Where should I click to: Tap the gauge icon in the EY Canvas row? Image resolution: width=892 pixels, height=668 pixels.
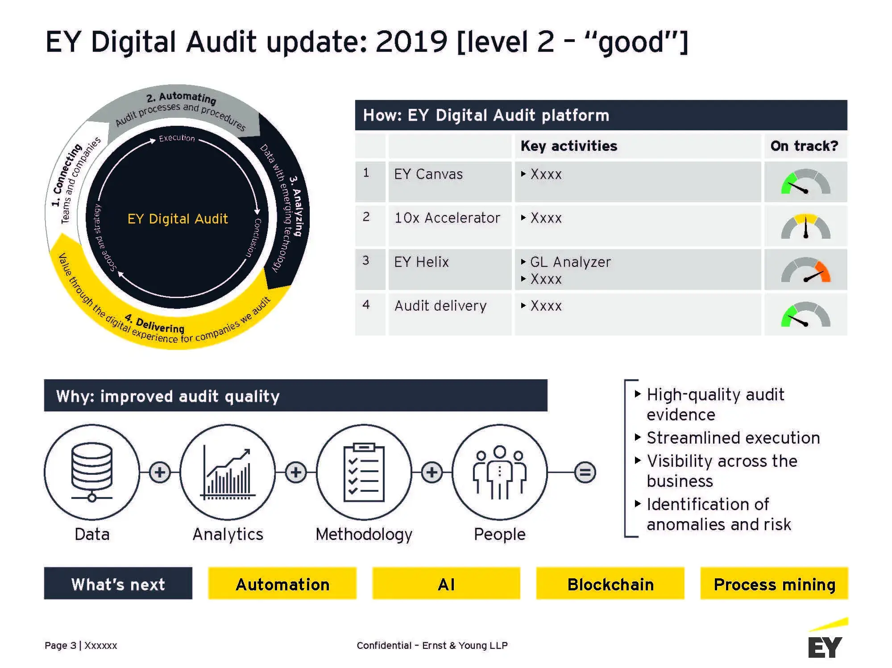[x=805, y=182]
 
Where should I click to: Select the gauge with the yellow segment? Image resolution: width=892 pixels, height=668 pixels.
[x=805, y=226]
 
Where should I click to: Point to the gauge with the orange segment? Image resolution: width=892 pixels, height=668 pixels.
[x=805, y=270]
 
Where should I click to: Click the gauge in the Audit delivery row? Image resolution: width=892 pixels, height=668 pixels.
[x=805, y=315]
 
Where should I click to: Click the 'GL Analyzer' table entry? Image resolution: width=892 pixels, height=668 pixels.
[x=570, y=262]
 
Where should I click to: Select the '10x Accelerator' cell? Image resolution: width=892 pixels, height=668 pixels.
[x=447, y=218]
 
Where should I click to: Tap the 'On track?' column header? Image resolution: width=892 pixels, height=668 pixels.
[x=804, y=146]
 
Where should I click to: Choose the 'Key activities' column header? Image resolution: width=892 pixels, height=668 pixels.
[x=569, y=146]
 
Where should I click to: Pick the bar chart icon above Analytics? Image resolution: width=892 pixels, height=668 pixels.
[x=228, y=473]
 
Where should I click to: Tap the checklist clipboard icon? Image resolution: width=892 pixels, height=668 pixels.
[x=364, y=472]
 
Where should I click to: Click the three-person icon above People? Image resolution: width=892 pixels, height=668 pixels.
[x=500, y=472]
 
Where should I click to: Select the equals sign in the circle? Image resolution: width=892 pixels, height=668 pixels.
[x=585, y=472]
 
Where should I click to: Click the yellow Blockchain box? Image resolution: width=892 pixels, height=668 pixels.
[x=610, y=584]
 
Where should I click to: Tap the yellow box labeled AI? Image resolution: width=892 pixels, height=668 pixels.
[x=446, y=584]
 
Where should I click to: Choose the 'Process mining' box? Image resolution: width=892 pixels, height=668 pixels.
[x=774, y=584]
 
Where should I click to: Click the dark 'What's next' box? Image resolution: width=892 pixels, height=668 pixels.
[x=118, y=584]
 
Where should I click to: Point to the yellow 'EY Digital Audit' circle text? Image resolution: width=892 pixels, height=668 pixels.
[x=178, y=219]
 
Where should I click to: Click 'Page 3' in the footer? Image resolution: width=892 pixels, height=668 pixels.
[x=60, y=645]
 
